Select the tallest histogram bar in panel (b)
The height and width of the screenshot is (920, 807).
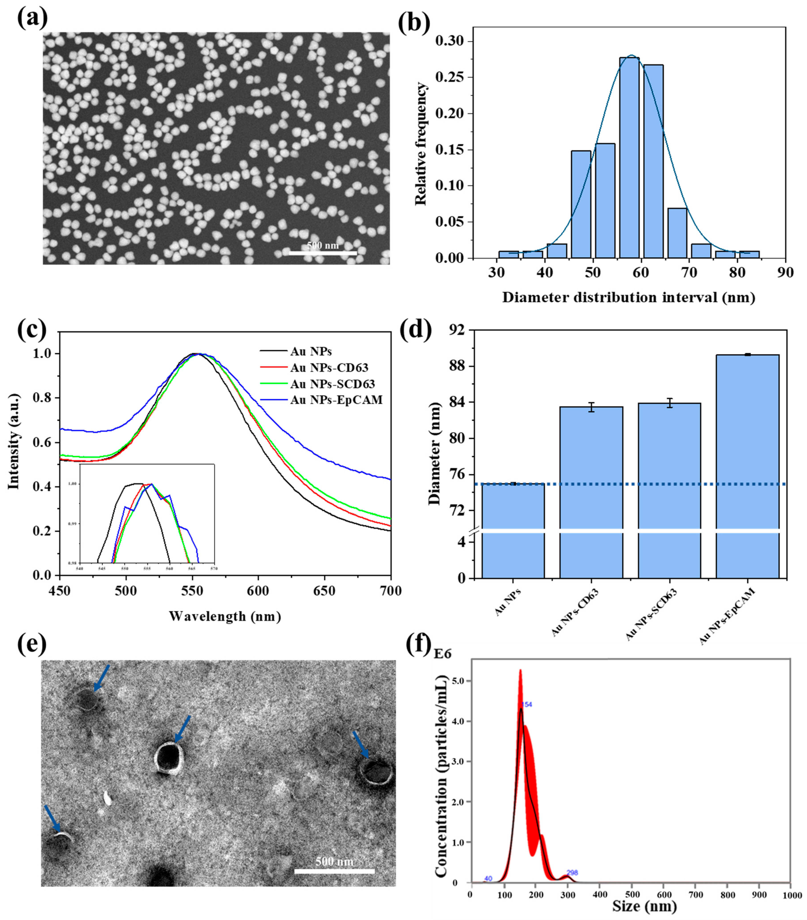[x=629, y=157]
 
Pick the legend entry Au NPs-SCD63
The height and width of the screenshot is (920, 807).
[x=332, y=384]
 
